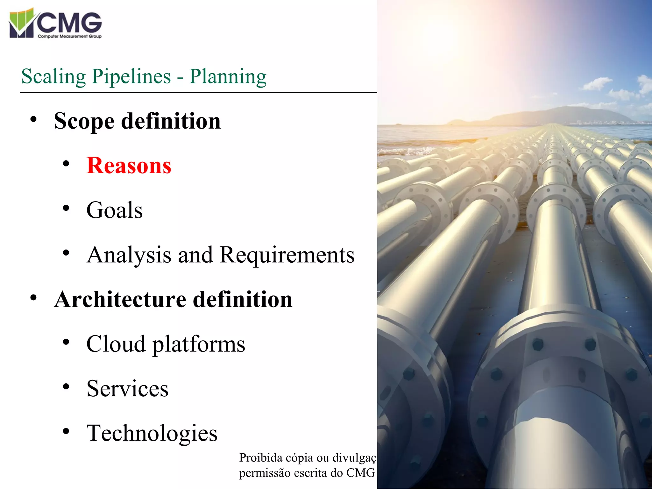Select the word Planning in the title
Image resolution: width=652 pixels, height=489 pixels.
(228, 76)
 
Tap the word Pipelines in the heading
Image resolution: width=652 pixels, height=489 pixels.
(131, 76)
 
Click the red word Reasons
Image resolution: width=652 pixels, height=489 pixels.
(129, 166)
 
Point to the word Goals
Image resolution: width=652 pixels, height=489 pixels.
(115, 210)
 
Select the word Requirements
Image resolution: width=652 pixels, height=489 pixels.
(287, 255)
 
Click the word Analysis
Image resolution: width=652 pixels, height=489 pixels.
(129, 255)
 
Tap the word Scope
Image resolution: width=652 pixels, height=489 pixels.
(84, 121)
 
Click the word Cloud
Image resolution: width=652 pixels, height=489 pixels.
(116, 344)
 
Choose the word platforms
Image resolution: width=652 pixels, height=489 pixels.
(199, 344)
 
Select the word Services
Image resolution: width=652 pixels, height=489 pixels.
(127, 388)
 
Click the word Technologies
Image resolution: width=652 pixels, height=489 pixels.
(152, 433)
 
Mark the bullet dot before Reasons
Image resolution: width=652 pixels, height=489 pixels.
(66, 164)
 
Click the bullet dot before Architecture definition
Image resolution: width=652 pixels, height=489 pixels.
(33, 298)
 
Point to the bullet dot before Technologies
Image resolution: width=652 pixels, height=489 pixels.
(66, 431)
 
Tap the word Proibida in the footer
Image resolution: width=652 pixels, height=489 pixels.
(261, 458)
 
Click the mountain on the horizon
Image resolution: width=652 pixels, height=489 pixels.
(560, 115)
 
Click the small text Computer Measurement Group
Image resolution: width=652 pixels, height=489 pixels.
(69, 36)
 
